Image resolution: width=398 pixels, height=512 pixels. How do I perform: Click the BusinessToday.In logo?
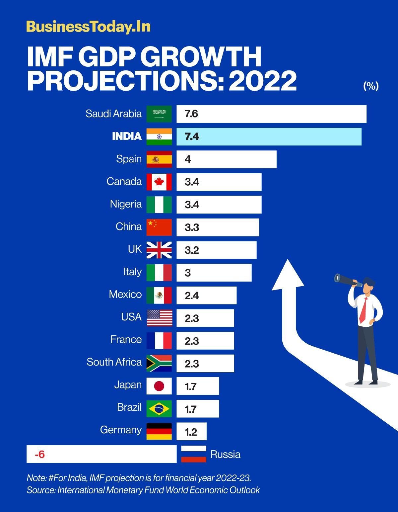coord(88,27)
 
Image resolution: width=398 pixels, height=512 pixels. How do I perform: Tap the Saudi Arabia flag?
coord(159,114)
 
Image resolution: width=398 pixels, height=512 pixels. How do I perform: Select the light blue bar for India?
coord(269,136)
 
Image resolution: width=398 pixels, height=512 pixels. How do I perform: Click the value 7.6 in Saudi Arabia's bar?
coord(191,114)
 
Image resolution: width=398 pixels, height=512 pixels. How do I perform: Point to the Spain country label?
coord(129,159)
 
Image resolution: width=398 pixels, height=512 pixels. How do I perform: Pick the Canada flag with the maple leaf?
coord(159,182)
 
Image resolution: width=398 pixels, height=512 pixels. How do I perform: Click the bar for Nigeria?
coord(219,205)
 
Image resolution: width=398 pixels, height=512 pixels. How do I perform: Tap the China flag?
coord(159,227)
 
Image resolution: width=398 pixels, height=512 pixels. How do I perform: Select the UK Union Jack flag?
coord(159,250)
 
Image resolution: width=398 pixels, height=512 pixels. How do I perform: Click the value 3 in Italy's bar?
coord(188,273)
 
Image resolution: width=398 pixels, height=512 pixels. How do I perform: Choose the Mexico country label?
coord(125,294)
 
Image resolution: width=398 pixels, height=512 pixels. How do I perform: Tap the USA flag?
coord(159,318)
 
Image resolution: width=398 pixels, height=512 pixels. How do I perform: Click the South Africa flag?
coord(159,363)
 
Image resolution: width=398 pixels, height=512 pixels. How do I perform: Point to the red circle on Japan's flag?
coord(160,386)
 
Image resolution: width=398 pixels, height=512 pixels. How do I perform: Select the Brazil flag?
coord(159,408)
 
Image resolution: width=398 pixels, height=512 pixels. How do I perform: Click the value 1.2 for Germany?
coord(191,432)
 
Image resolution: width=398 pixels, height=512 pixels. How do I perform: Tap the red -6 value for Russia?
coord(40,454)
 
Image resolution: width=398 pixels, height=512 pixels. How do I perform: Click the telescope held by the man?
coord(347,280)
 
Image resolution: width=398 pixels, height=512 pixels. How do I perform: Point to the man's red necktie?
coord(364,310)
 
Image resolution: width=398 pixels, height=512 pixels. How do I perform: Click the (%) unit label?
coord(371,86)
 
